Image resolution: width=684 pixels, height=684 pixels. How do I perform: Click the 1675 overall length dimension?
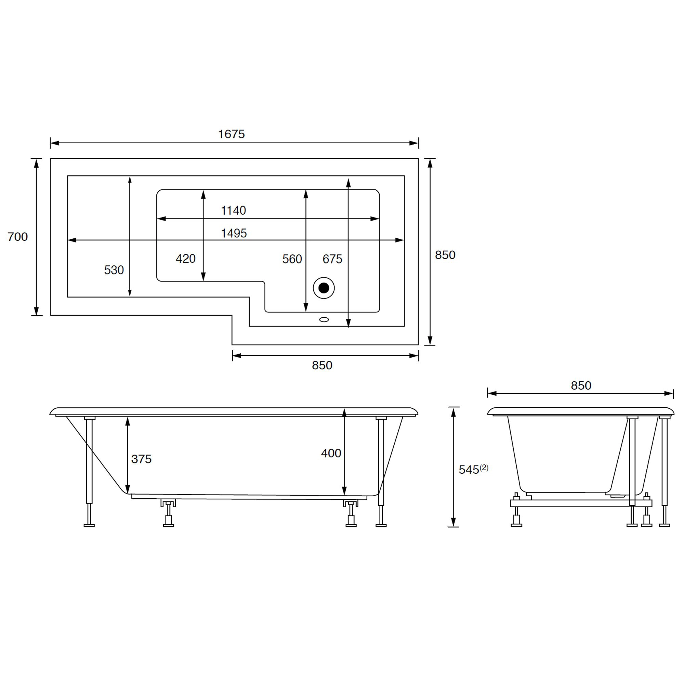click(231, 134)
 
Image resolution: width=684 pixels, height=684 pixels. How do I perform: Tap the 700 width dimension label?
click(17, 237)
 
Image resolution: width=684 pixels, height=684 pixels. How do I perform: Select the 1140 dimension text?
click(233, 211)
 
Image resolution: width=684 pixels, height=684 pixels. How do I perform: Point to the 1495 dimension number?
click(234, 233)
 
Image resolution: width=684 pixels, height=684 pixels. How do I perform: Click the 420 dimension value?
click(185, 259)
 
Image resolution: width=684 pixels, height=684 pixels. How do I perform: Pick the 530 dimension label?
click(114, 270)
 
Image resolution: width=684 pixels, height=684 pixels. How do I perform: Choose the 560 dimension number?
click(292, 259)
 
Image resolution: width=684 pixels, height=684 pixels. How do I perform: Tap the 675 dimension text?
click(332, 259)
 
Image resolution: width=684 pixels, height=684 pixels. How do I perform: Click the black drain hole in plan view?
click(324, 288)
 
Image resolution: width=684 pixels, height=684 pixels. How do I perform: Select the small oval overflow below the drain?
click(324, 320)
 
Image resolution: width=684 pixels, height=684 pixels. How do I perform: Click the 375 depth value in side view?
click(141, 459)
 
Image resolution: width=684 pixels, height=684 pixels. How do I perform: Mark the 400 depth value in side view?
click(331, 453)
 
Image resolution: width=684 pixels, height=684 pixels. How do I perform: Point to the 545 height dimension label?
click(469, 470)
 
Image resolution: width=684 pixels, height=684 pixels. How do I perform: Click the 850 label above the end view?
click(581, 385)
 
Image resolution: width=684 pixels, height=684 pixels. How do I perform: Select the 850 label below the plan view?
click(322, 365)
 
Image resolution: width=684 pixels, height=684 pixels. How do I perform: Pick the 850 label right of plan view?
click(445, 255)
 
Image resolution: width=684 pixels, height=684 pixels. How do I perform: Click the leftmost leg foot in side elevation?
click(89, 525)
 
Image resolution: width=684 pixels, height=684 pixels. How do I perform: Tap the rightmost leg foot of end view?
click(665, 525)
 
